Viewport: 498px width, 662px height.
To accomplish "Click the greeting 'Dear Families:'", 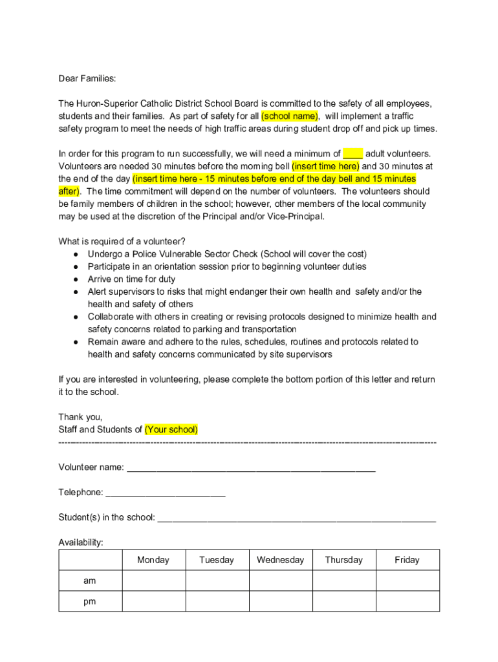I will pyautogui.click(x=87, y=79).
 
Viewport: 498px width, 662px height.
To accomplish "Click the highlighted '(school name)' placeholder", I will pyautogui.click(x=290, y=116).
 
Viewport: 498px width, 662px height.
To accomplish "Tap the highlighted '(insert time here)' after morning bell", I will pyautogui.click(x=325, y=166).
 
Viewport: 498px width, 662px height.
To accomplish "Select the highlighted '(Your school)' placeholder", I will pyautogui.click(x=171, y=429).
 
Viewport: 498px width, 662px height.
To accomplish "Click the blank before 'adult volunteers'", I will pyautogui.click(x=352, y=154).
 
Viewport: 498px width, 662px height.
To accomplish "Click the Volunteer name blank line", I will pyautogui.click(x=251, y=467).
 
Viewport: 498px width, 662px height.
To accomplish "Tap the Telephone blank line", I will pyautogui.click(x=165, y=493).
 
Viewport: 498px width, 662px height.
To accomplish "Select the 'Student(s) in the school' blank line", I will pyautogui.click(x=296, y=518).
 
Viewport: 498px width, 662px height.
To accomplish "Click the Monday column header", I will pyautogui.click(x=153, y=560).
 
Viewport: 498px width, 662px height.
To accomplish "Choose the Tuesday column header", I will pyautogui.click(x=217, y=560).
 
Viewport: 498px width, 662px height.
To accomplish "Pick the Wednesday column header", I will pyautogui.click(x=280, y=560).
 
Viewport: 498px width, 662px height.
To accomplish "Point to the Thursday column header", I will pyautogui.click(x=343, y=560).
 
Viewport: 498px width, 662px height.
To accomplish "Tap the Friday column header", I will pyautogui.click(x=407, y=560).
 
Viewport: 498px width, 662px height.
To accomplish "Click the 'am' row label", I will pyautogui.click(x=90, y=581).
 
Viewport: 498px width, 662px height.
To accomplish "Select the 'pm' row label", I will pyautogui.click(x=90, y=601).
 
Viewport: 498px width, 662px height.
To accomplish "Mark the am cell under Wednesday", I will pyautogui.click(x=280, y=581).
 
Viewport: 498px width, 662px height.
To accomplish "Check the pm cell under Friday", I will pyautogui.click(x=407, y=601).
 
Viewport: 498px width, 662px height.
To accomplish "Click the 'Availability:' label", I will pyautogui.click(x=81, y=542).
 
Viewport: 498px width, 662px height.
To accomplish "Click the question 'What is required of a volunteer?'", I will pyautogui.click(x=122, y=242).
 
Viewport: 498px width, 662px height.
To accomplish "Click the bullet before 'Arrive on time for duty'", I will pyautogui.click(x=76, y=279).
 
